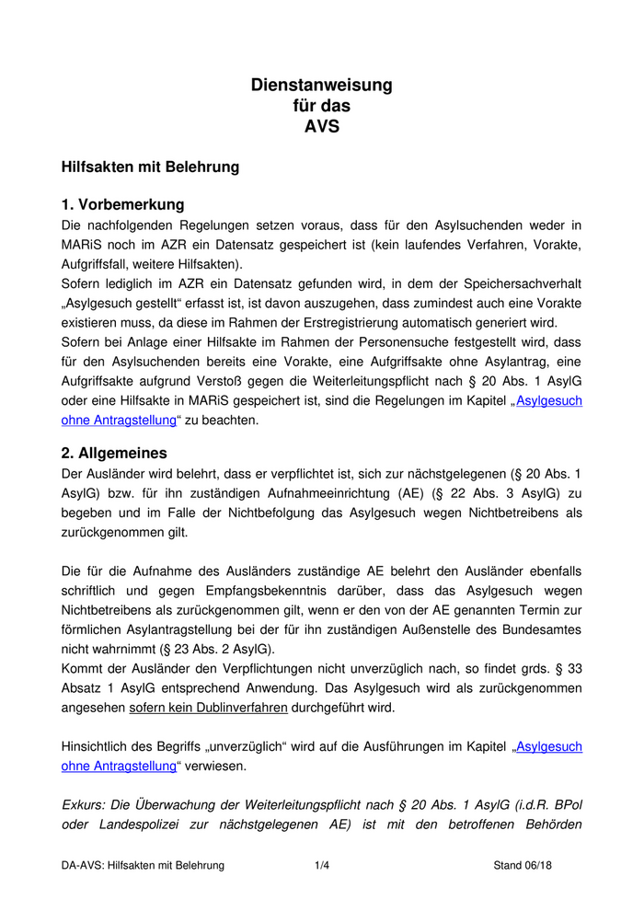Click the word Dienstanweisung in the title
coord(322,86)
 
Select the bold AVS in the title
coord(322,127)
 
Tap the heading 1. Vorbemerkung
coord(122,204)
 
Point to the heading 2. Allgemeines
coord(114,453)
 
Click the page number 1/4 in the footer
coord(322,866)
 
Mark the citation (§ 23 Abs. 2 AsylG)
coord(209,649)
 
